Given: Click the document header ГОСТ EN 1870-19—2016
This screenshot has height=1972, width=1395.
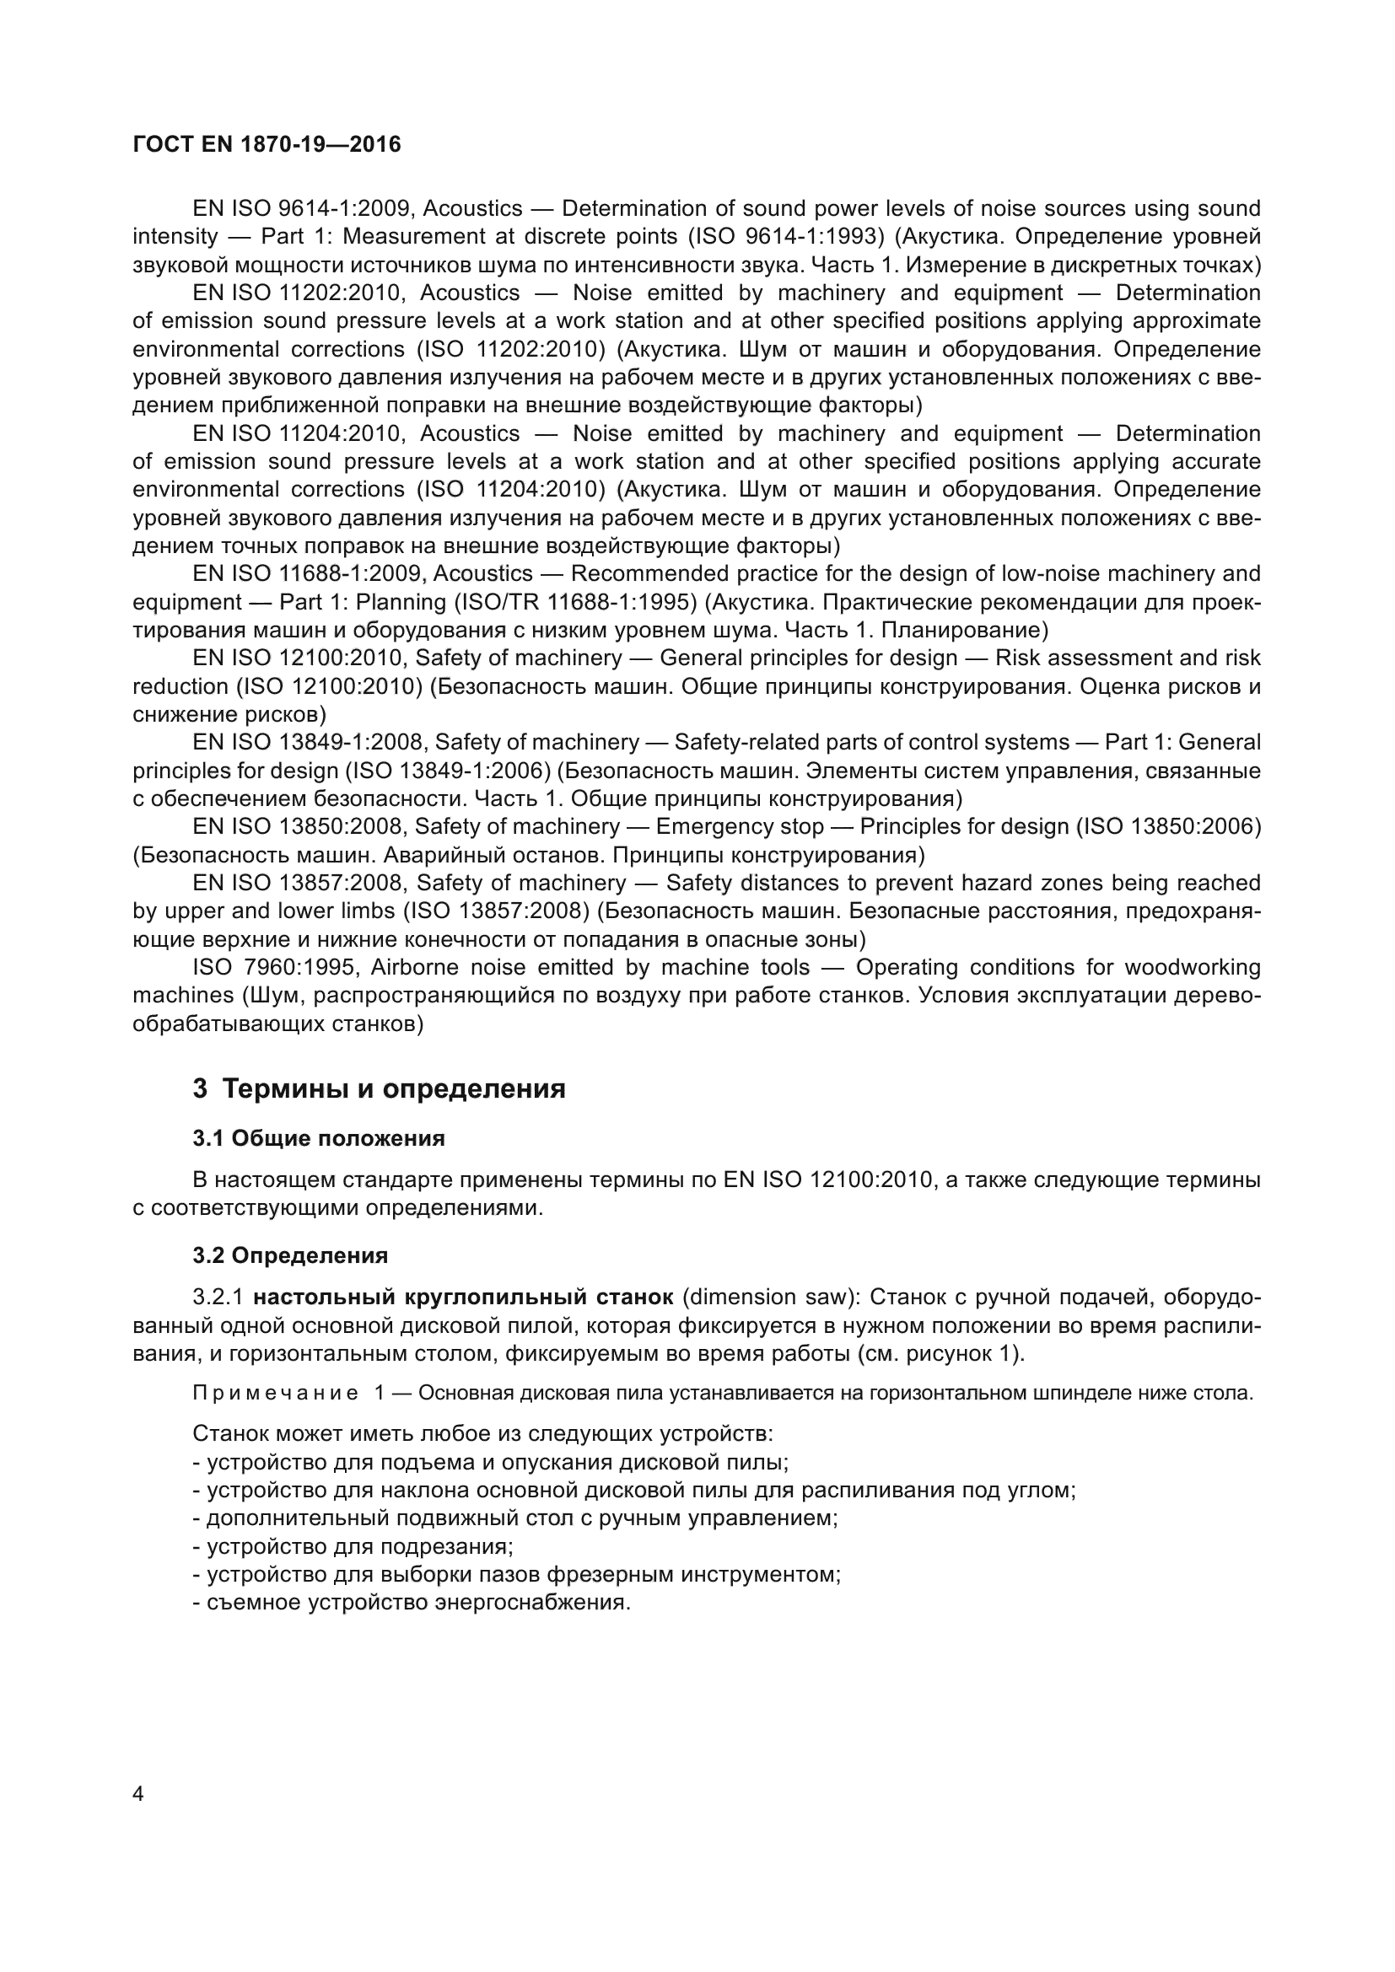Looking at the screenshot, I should [267, 144].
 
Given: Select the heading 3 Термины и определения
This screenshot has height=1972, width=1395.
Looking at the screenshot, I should [379, 1089].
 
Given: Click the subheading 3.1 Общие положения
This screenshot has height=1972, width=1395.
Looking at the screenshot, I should [319, 1139].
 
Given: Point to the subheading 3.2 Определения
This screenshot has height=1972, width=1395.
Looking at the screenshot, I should [290, 1255].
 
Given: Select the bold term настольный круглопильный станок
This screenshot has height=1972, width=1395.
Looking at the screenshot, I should [464, 1297].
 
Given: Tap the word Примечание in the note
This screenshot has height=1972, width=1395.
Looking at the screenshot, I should [276, 1393].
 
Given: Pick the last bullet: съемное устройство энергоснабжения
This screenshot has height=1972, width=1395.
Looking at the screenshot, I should [412, 1603].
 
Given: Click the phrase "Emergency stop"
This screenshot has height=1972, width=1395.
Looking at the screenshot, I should [740, 826].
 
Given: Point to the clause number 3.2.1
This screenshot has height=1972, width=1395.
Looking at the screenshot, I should [218, 1297].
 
